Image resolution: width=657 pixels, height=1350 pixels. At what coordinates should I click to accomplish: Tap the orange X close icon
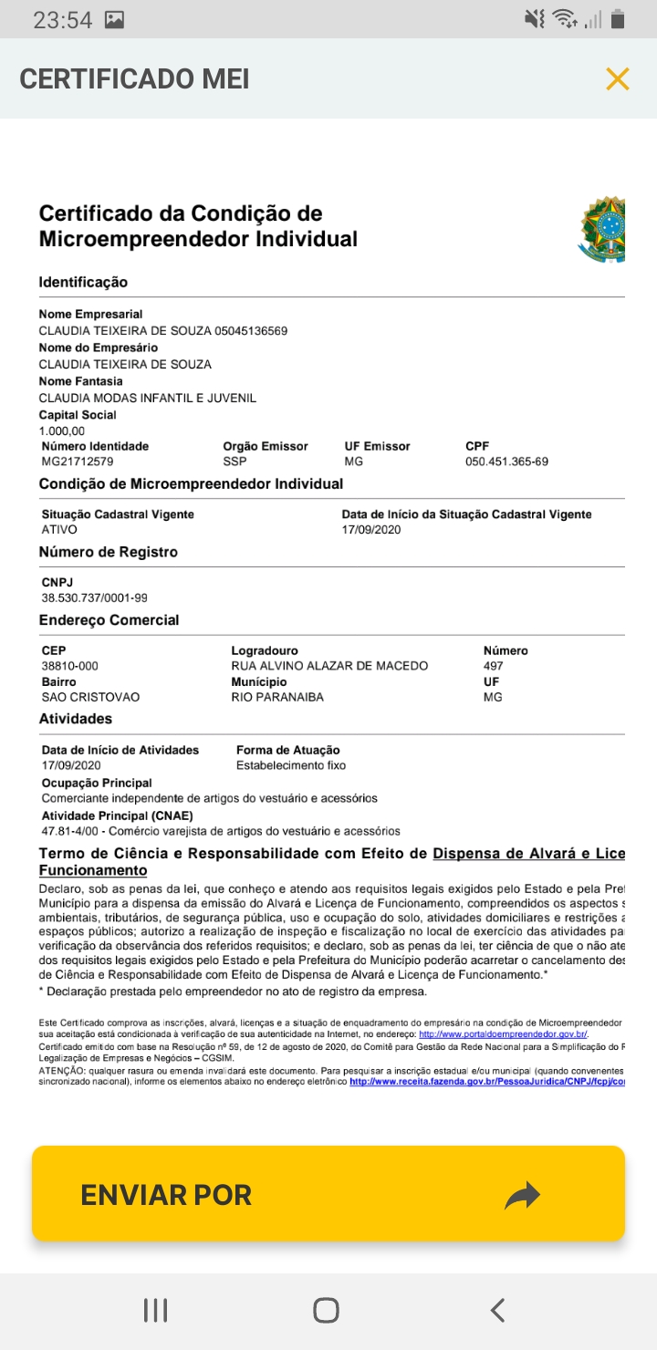pyautogui.click(x=618, y=79)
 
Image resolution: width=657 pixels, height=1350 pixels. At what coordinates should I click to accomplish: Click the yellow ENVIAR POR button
pyautogui.click(x=328, y=1194)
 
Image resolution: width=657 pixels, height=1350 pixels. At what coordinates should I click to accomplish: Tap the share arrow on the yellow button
pyautogui.click(x=522, y=1195)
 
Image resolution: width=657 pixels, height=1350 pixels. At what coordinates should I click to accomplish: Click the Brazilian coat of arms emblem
pyautogui.click(x=602, y=229)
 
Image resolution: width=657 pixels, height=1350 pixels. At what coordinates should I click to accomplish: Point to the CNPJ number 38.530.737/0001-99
pyautogui.click(x=95, y=597)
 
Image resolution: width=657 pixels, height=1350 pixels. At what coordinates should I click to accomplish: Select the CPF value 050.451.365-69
pyautogui.click(x=506, y=462)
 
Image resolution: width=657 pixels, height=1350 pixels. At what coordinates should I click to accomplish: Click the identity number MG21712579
pyautogui.click(x=78, y=462)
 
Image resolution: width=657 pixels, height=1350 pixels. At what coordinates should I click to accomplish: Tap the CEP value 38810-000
pyautogui.click(x=70, y=666)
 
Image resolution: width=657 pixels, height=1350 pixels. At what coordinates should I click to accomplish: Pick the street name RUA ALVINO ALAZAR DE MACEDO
pyautogui.click(x=329, y=666)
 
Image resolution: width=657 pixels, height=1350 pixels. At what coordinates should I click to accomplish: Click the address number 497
pyautogui.click(x=493, y=666)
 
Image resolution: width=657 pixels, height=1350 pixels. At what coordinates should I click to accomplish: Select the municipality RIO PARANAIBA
pyautogui.click(x=277, y=697)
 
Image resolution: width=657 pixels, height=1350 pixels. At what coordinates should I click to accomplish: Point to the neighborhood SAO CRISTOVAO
pyautogui.click(x=91, y=697)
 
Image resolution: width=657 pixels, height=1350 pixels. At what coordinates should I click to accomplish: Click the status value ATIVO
pyautogui.click(x=59, y=529)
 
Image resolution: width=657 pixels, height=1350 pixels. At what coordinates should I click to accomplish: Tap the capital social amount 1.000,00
pyautogui.click(x=62, y=431)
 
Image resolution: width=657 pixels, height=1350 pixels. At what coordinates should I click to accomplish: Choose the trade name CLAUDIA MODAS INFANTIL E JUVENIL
pyautogui.click(x=148, y=398)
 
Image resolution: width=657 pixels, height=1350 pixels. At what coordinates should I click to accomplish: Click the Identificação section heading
pyautogui.click(x=83, y=282)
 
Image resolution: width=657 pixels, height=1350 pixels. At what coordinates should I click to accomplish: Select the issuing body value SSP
pyautogui.click(x=235, y=462)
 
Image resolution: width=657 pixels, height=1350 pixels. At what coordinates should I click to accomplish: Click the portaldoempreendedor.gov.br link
pyautogui.click(x=503, y=1034)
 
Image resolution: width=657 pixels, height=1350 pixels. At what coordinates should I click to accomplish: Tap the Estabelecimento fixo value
pyautogui.click(x=291, y=765)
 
